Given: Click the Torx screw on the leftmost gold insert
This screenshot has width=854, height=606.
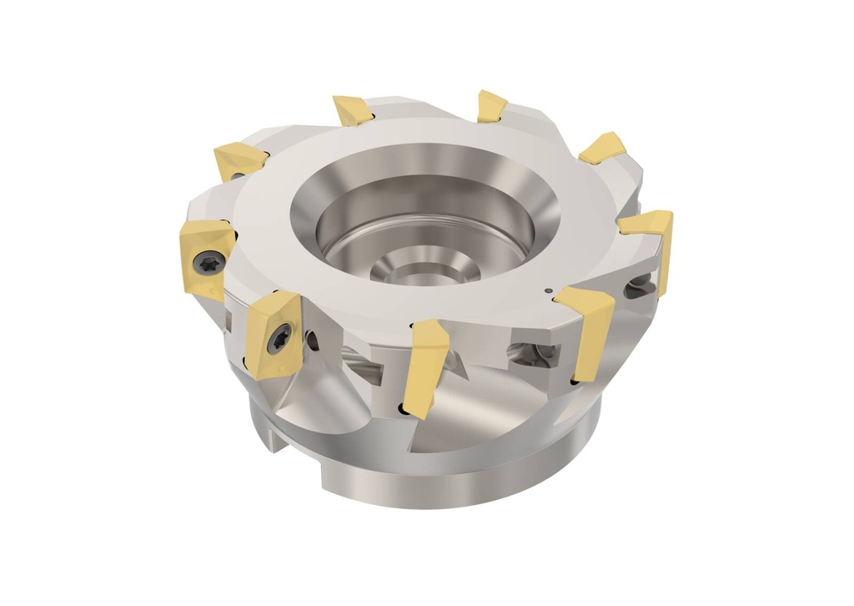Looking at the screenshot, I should (208, 261).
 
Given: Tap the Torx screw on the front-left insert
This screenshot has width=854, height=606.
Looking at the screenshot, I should (279, 338).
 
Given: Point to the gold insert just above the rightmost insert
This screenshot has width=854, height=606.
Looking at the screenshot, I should (603, 148).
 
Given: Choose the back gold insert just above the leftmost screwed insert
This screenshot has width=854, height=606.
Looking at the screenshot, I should (239, 159).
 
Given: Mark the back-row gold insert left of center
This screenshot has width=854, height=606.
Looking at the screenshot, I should (352, 110).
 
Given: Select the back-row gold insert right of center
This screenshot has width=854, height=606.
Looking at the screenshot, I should (491, 106).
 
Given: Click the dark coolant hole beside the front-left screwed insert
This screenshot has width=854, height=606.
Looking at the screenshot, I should (312, 341).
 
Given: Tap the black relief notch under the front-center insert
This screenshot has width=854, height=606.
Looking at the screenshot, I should (404, 408).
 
